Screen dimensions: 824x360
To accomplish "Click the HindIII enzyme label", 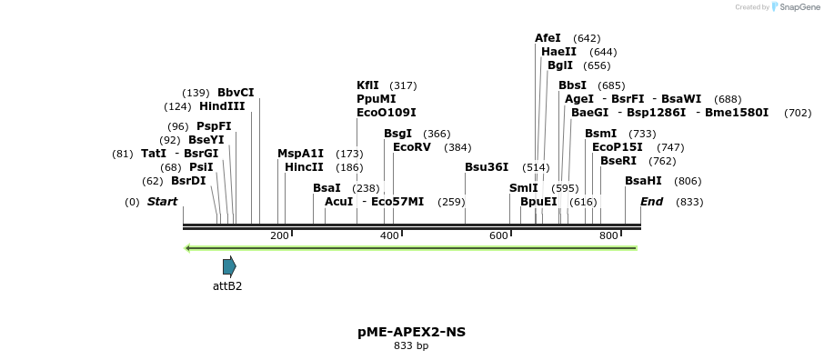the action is [222, 106].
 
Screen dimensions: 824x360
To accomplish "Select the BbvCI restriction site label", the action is [236, 92].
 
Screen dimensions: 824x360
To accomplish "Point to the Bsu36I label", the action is [487, 167].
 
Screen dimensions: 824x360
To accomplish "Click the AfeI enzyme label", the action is [548, 38].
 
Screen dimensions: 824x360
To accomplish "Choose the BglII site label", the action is [560, 65].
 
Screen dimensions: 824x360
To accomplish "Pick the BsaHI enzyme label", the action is [644, 181].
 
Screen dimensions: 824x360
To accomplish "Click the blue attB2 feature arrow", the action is [229, 266].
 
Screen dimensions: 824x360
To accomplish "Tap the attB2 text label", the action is [227, 285].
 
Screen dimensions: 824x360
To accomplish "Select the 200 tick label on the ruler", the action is [279, 235].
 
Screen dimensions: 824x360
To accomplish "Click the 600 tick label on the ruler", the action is [498, 235].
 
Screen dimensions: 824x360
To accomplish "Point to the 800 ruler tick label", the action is [608, 235].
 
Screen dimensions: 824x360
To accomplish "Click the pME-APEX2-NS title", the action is [411, 332].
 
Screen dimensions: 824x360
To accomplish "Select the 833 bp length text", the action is [411, 346].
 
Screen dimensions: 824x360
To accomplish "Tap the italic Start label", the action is [162, 202].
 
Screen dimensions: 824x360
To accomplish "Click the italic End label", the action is [651, 202].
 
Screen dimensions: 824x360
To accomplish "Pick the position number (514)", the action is [536, 167].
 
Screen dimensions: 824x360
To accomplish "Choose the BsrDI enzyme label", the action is [188, 181].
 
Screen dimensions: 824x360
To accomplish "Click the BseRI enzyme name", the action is [618, 161].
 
